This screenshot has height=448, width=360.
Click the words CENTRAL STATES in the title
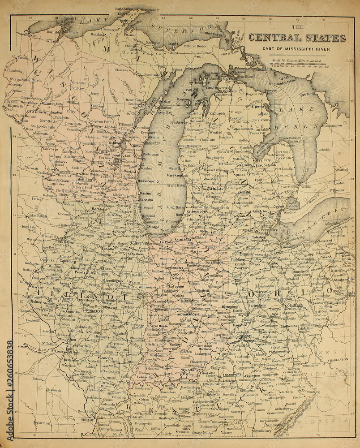[x=297, y=38]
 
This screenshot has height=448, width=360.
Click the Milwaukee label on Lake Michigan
[x=146, y=181]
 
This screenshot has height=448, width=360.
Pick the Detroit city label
[x=279, y=207]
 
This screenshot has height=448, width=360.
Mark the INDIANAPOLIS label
[x=191, y=314]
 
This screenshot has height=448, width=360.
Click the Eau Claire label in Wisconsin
[x=37, y=111]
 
